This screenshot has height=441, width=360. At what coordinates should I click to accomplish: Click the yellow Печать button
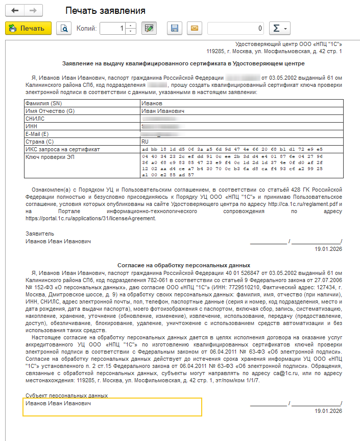click(x=28, y=29)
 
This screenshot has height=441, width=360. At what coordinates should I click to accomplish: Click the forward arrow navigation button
click(x=33, y=11)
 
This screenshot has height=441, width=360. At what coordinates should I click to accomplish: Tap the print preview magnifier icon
click(x=64, y=29)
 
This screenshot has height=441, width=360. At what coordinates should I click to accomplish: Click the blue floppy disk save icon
click(x=174, y=29)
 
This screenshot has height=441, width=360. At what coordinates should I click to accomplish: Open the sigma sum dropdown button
click(x=279, y=29)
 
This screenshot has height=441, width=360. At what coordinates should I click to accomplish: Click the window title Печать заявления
click(x=106, y=11)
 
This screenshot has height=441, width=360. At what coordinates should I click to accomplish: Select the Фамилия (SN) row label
click(x=43, y=103)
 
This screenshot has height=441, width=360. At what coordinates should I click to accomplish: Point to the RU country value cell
click(x=145, y=142)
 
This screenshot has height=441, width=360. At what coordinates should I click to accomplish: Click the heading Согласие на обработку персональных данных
click(x=184, y=266)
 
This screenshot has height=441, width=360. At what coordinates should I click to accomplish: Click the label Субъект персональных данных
click(x=66, y=396)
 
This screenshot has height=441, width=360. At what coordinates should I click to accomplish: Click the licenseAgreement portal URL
click(x=90, y=218)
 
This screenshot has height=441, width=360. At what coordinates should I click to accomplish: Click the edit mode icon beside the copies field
click(x=149, y=29)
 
